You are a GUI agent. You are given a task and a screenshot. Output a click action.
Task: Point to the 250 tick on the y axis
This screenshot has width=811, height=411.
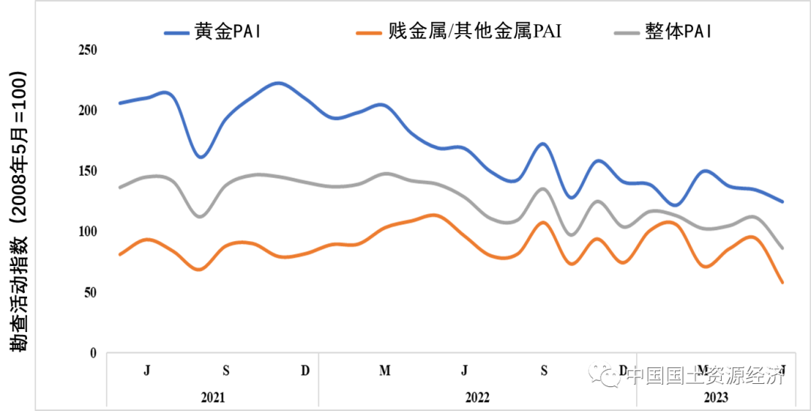click(88, 50)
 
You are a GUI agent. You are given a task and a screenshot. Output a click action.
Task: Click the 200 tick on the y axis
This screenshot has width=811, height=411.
click(88, 110)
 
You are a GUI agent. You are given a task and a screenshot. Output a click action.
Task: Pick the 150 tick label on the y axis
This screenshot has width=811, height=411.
click(88, 171)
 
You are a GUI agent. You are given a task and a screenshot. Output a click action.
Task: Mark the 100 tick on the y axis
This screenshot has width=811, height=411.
click(88, 231)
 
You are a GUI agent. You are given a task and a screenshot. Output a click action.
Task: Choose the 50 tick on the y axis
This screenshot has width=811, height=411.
click(91, 292)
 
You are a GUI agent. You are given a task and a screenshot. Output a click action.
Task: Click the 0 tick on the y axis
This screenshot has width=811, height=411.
click(94, 352)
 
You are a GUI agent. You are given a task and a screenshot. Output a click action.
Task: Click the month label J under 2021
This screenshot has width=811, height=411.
click(146, 370)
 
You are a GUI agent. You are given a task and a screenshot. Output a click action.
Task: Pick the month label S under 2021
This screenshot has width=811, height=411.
click(226, 370)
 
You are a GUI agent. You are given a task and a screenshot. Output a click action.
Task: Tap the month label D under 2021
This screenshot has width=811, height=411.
click(305, 370)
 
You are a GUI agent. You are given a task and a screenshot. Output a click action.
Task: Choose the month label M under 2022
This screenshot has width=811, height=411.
click(384, 370)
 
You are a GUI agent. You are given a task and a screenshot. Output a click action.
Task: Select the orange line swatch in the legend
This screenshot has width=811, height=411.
click(370, 32)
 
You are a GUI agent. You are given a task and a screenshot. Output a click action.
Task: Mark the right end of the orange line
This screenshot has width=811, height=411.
click(782, 283)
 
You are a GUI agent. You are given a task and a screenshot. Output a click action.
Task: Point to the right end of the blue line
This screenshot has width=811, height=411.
click(782, 201)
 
